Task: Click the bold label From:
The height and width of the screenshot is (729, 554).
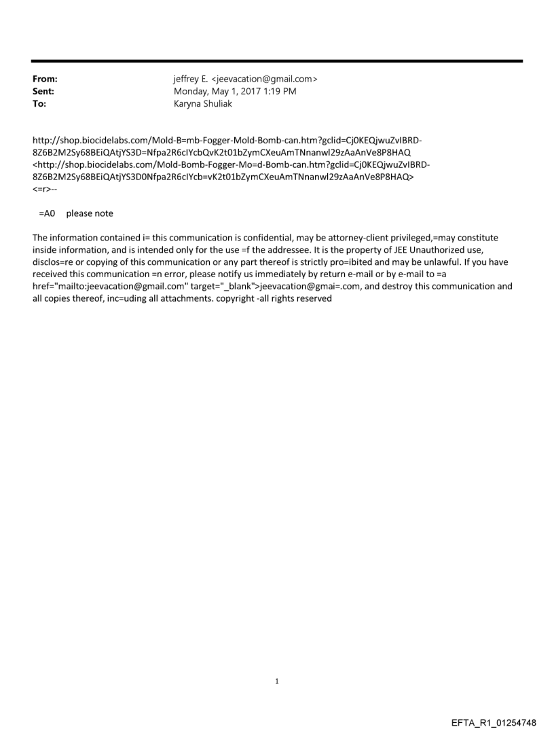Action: click(x=44, y=79)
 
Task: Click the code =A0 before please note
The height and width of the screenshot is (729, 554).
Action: click(x=46, y=213)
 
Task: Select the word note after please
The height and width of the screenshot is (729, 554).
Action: click(x=104, y=213)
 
